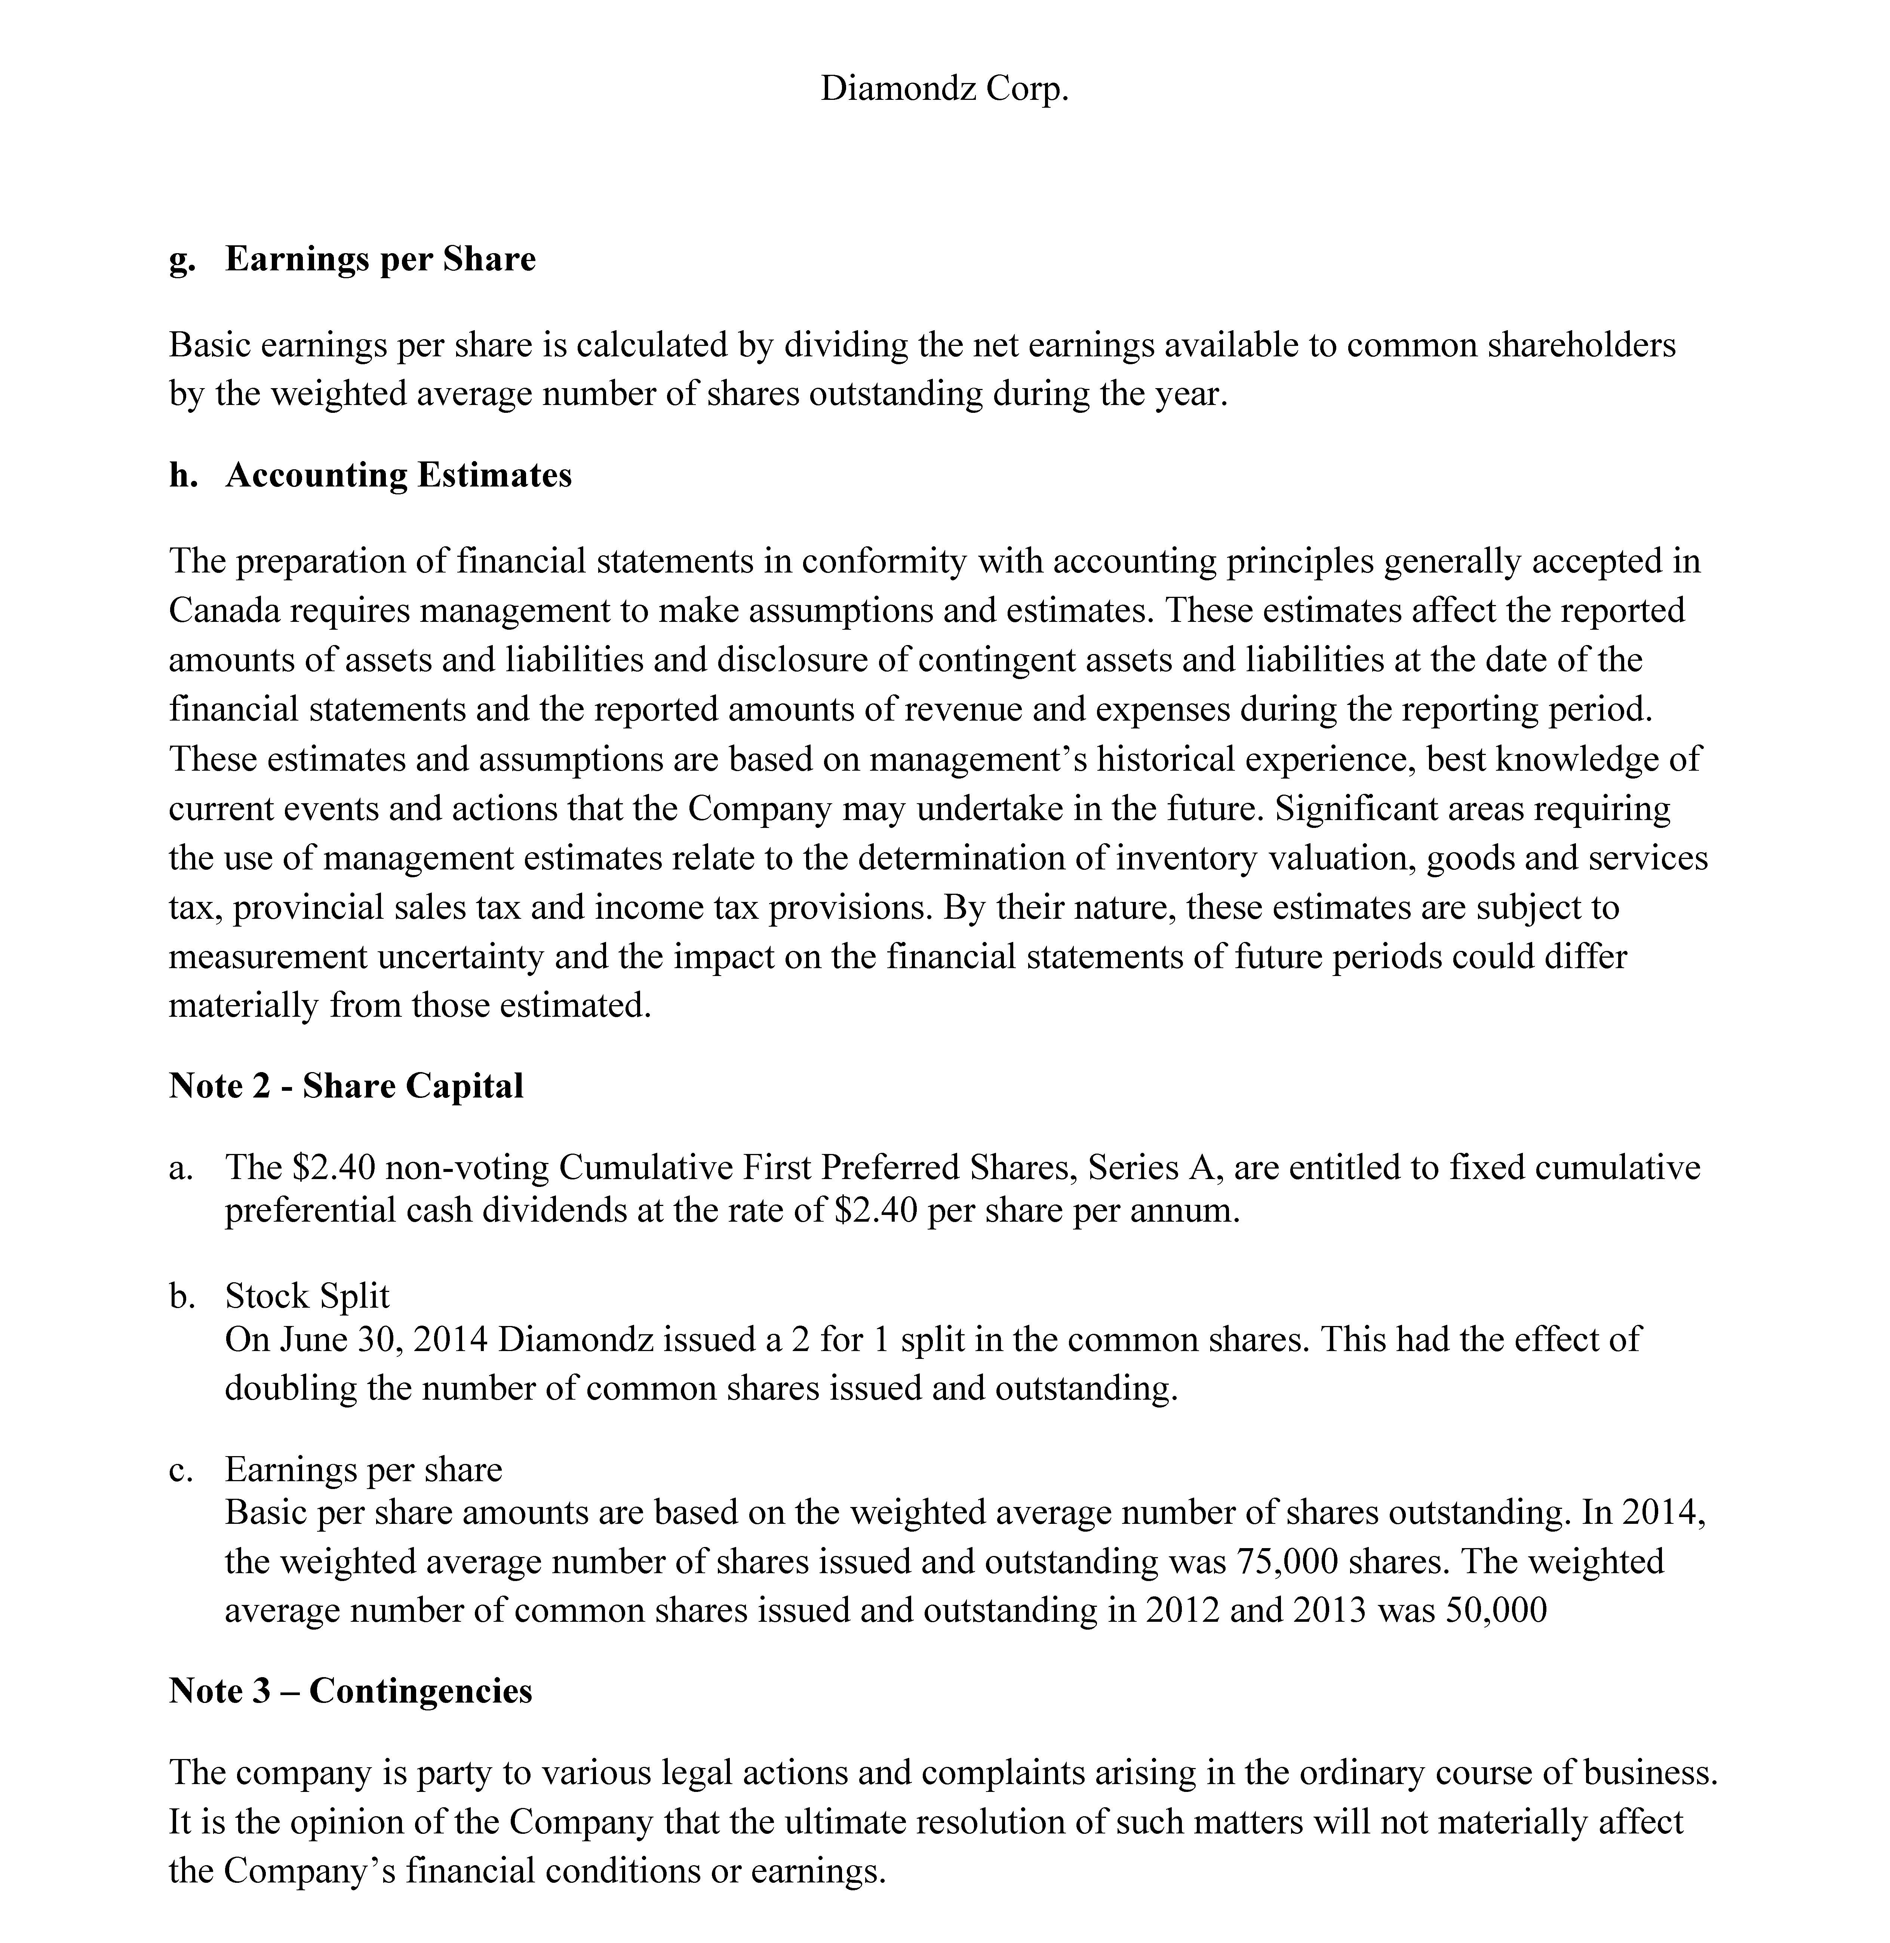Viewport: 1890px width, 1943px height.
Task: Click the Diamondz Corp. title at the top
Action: pos(944,89)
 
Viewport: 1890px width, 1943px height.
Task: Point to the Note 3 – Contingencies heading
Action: pos(350,1691)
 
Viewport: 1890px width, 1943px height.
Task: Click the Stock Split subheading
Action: pos(307,1296)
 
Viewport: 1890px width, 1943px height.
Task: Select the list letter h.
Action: pos(182,476)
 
